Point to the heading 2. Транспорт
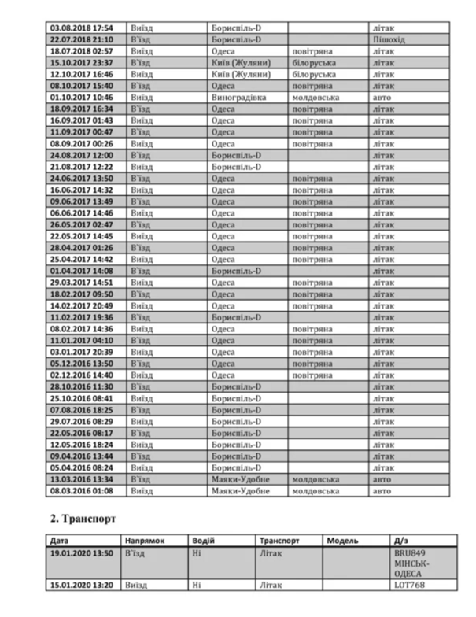79,519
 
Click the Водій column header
204,541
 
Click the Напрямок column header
144,541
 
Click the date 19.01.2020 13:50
82,552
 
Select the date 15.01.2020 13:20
82,586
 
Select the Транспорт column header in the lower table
276,541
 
